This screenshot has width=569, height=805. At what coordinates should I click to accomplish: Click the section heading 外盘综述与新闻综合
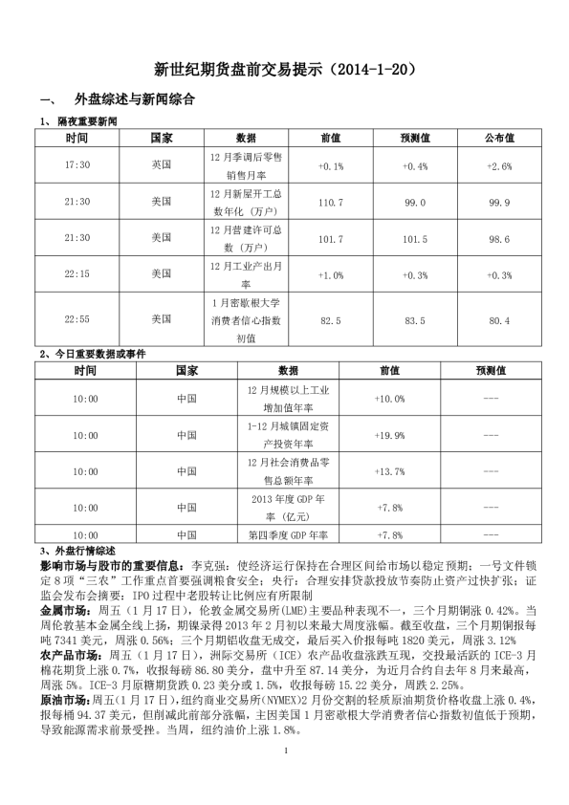tap(133, 99)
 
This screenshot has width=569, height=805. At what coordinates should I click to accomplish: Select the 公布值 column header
tap(499, 138)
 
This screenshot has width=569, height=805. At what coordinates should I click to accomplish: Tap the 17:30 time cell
tap(77, 165)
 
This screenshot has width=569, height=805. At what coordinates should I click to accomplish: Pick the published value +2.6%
tap(499, 165)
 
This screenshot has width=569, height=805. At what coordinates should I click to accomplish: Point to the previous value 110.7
tap(330, 203)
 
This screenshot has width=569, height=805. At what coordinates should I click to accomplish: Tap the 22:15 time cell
tap(77, 274)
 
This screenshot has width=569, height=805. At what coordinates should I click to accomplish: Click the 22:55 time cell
tap(77, 318)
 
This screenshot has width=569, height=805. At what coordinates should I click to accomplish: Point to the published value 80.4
tap(499, 318)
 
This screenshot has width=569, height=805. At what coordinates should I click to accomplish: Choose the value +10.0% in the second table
tap(390, 399)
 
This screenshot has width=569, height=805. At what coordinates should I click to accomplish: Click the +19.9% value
tap(390, 435)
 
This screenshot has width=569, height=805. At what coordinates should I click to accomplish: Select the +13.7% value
tap(390, 471)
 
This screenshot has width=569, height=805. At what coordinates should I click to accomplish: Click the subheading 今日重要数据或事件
tap(99, 354)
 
